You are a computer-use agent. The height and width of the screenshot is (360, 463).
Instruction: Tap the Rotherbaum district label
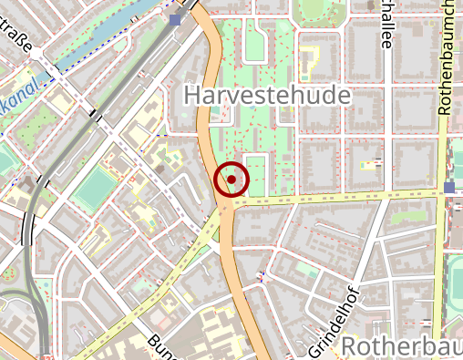click(x=401, y=346)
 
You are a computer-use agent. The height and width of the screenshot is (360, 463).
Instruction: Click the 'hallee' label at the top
click(x=386, y=23)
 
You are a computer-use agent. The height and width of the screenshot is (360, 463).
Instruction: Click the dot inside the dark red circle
click(x=231, y=180)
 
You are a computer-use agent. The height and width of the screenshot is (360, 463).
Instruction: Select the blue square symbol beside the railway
click(x=175, y=18)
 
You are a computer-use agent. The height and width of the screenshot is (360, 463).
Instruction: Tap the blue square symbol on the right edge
click(x=448, y=188)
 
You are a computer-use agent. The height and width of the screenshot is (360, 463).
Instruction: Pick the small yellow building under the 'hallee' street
click(x=369, y=166)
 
